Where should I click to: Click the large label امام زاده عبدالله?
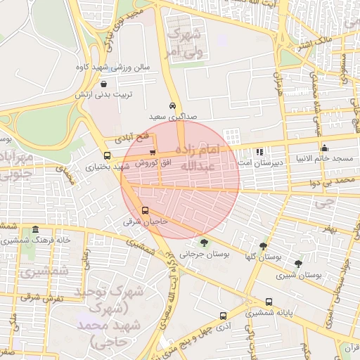point(199,159)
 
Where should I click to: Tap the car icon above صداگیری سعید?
point(172,105)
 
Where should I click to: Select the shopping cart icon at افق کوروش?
point(153,153)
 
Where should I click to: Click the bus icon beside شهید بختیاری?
point(107,156)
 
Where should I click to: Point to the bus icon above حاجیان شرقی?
point(146,210)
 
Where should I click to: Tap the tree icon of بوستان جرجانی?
point(204,243)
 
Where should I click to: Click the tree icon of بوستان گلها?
point(263,246)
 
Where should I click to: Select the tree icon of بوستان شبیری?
point(298,264)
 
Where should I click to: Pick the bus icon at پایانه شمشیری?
point(269,302)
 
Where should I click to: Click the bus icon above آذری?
point(223,316)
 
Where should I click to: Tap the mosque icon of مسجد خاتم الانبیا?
point(324,148)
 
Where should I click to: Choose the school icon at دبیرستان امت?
point(259,151)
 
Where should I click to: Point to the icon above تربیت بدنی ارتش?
point(103,84)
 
